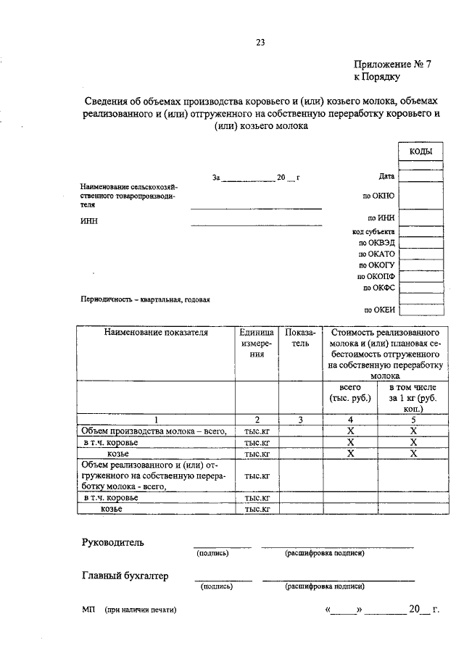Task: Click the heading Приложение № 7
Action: click(391, 64)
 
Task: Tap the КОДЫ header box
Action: click(421, 151)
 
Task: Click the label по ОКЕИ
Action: click(379, 310)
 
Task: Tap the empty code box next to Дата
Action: click(421, 175)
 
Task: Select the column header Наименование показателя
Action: click(156, 333)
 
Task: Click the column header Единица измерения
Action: click(257, 344)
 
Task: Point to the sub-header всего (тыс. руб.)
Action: click(350, 393)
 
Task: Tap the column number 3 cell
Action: click(300, 419)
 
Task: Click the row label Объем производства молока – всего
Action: click(159, 431)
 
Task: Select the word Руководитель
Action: click(112, 542)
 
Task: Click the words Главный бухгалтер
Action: click(125, 576)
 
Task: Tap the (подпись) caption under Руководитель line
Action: click(212, 553)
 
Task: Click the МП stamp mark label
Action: click(88, 610)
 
